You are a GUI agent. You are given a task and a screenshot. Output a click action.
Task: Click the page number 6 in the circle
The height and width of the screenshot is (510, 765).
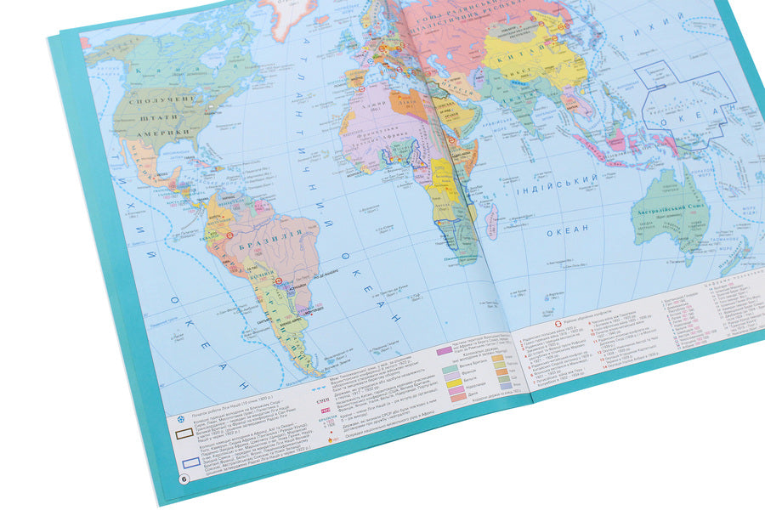tap(184, 480)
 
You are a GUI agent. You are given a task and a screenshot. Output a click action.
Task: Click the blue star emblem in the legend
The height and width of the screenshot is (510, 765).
tap(184, 417)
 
